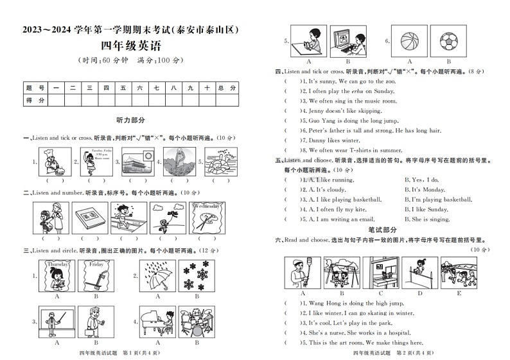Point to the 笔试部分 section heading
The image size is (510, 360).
tap(382, 229)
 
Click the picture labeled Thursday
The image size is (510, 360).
tap(58, 276)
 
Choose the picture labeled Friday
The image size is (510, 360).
tap(96, 276)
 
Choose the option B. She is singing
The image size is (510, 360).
tap(427, 219)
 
